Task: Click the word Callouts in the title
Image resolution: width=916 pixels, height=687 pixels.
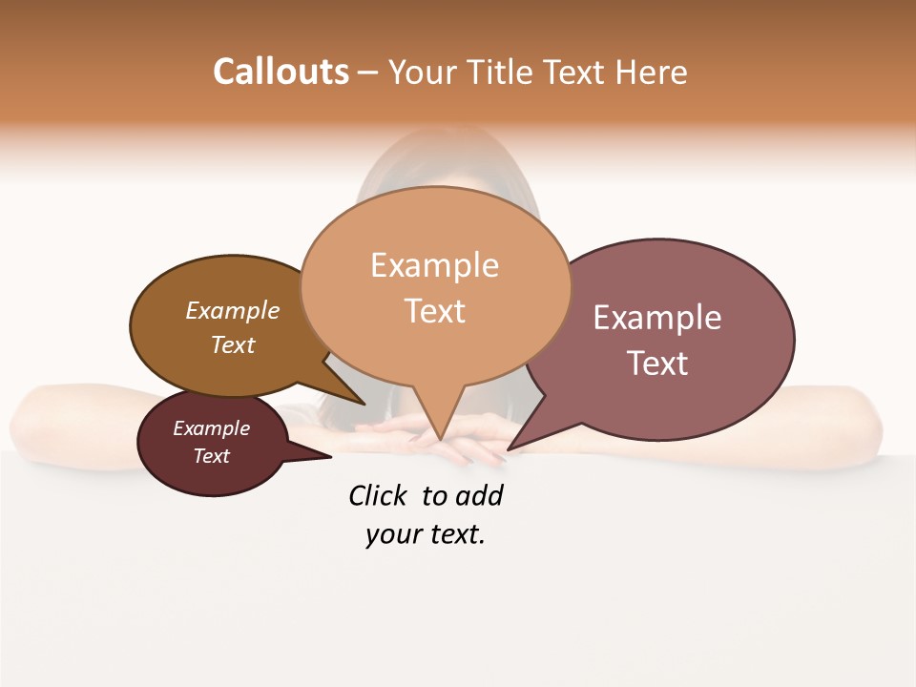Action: (281, 72)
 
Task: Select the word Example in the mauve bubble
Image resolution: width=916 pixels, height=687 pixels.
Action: (657, 318)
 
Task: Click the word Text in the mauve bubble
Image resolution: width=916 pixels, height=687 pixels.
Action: (657, 364)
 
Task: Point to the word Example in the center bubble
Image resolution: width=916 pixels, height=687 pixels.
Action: (435, 265)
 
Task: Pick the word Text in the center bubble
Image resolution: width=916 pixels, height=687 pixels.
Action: (435, 311)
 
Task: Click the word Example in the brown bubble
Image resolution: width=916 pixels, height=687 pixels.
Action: (233, 311)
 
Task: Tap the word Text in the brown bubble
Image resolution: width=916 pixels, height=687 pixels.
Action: (233, 344)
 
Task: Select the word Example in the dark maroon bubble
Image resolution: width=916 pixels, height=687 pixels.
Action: (212, 428)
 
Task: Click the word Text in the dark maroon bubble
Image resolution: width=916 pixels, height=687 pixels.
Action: (212, 456)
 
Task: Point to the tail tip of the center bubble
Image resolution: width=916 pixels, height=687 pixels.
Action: (440, 441)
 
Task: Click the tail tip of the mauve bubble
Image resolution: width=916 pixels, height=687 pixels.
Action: (508, 449)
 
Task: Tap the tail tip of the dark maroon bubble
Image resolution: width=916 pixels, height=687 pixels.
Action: (330, 457)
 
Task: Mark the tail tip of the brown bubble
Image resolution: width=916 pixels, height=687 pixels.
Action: (364, 405)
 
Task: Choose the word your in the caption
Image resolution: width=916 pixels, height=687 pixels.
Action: (393, 535)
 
